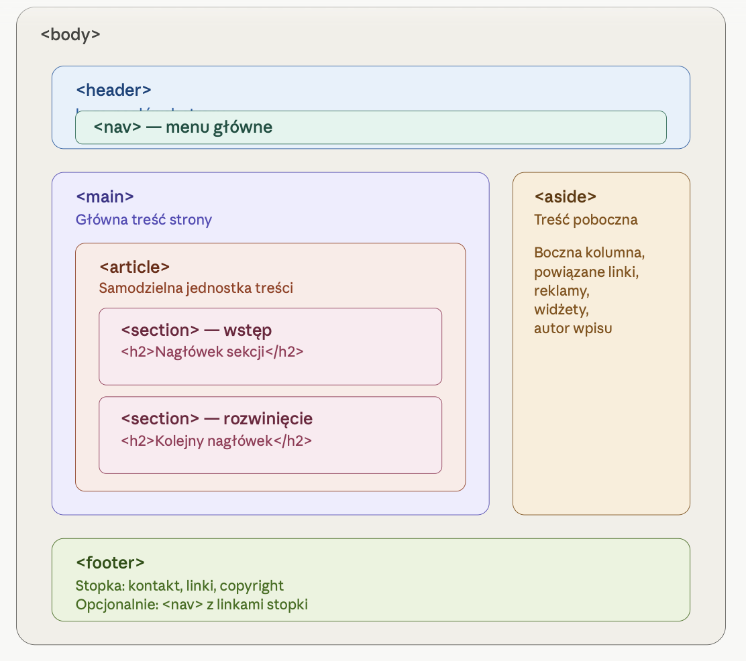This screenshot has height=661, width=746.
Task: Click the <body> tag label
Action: tap(70, 34)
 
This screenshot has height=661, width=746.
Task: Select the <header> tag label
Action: tap(113, 91)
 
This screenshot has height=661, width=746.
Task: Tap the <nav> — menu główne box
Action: tap(370, 127)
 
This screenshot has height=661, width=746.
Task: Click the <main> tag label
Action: tap(105, 196)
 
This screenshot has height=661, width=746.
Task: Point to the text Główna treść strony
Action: tap(144, 219)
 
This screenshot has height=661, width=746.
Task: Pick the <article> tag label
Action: tap(134, 266)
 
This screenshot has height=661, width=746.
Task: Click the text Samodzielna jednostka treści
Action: tap(196, 288)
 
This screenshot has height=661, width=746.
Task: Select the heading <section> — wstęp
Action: tap(196, 330)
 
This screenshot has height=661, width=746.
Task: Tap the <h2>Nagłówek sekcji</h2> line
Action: tap(212, 351)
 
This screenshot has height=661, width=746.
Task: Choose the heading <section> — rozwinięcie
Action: tap(217, 418)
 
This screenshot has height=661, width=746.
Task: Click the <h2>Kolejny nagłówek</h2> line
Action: tap(217, 440)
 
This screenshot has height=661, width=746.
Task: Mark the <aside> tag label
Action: tap(565, 196)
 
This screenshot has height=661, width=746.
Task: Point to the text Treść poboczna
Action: tap(586, 219)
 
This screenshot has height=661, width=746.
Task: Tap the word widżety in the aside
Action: tap(561, 309)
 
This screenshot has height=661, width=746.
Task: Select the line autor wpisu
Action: tap(573, 328)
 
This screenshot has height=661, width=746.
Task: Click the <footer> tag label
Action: tap(110, 562)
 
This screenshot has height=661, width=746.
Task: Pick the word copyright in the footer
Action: tap(252, 585)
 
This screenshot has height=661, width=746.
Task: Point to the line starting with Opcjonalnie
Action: tap(191, 604)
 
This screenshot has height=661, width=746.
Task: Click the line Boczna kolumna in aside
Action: tap(589, 253)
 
